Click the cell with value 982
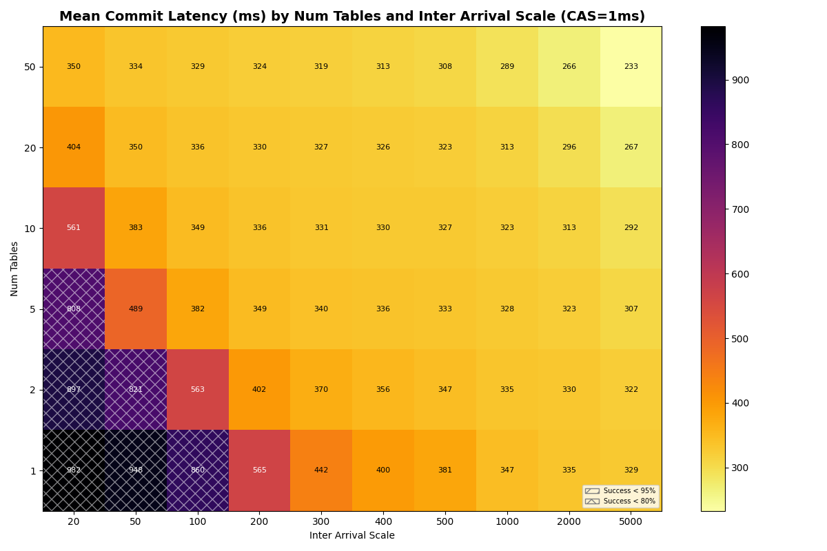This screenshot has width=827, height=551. pos(74,470)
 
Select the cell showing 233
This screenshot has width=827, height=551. pos(631,67)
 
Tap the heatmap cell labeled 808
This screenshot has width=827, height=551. pos(74,309)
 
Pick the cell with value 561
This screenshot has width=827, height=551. pos(74,228)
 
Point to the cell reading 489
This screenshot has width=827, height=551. pos(136,309)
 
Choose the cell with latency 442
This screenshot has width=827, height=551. pos(321,470)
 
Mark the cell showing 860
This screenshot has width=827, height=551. pos(197,470)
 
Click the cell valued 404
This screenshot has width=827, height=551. pos(74,147)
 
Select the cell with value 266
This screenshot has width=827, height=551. pos(569,67)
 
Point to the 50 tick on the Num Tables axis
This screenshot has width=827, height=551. pos(30,67)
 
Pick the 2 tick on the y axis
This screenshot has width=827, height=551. pos(32,390)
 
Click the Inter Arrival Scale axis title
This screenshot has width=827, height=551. pos(352,536)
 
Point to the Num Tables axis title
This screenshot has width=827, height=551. pos(15,269)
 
